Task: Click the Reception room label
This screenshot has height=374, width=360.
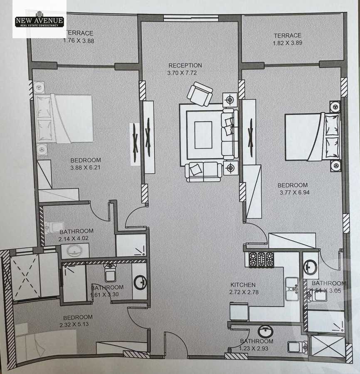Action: pos(185,65)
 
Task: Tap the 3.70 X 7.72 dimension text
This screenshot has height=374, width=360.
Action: pos(182,73)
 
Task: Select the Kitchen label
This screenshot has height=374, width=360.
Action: pos(243,285)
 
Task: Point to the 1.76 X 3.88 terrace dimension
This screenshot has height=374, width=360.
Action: pos(79,41)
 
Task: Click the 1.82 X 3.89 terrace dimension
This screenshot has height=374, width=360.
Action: pos(288,43)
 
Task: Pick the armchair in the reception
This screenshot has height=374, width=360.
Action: pos(200,94)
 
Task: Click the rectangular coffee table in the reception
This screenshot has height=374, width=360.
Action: pos(203,135)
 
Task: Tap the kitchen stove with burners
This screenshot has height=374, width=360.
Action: pos(261,259)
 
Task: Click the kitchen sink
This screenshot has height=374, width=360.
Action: pos(292,289)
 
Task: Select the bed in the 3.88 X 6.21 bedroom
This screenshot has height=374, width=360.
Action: pos(64,118)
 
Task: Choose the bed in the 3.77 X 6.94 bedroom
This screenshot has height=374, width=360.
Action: pos(313,137)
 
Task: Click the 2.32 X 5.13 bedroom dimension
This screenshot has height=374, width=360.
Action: pos(74,325)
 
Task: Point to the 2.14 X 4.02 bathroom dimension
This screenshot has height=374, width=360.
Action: pos(74,239)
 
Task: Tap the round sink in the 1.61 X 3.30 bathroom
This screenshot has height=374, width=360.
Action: pos(140,283)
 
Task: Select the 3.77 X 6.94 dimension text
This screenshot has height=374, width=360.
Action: pos(294,192)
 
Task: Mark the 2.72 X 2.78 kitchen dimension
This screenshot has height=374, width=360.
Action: pos(244,292)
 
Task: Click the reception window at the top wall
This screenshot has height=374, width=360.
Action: pos(191,18)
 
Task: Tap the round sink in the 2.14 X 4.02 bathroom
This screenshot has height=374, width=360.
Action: pos(75,251)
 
